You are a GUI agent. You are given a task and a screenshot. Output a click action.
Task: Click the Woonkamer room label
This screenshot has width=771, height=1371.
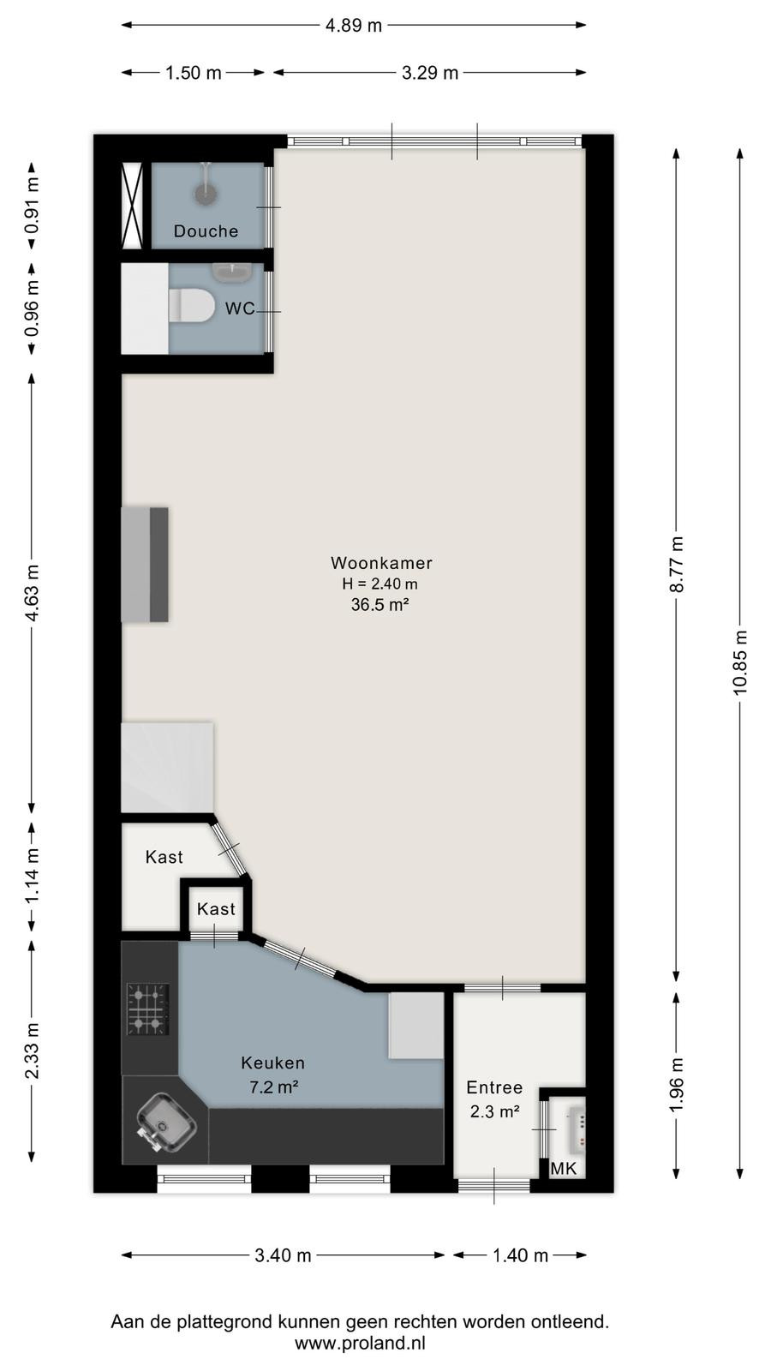(x=381, y=562)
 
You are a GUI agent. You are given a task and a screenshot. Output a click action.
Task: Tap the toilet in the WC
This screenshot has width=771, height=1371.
(x=192, y=305)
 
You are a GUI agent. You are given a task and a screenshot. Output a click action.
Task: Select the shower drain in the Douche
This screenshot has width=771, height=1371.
(x=206, y=194)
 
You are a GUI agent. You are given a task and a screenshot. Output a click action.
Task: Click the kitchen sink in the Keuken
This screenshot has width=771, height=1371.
(x=165, y=1122)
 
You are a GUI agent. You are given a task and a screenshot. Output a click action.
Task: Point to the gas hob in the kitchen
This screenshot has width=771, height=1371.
(x=147, y=1009)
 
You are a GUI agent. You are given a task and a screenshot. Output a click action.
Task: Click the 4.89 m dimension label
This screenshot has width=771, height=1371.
(x=354, y=26)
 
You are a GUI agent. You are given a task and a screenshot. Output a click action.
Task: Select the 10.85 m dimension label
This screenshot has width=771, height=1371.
(x=740, y=662)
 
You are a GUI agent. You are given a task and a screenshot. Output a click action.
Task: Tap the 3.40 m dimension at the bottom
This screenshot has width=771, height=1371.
(x=283, y=1255)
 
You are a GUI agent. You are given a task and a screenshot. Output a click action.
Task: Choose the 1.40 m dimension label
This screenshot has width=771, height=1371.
(x=520, y=1255)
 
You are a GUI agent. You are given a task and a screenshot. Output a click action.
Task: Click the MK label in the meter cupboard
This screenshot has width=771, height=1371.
(x=563, y=1169)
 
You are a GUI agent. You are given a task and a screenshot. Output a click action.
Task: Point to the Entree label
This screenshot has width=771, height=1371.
(x=494, y=1087)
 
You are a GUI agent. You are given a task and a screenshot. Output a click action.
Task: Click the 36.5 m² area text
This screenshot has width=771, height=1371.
(x=380, y=605)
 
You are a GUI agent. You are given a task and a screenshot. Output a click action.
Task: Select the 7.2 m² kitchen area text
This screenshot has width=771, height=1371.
(x=273, y=1087)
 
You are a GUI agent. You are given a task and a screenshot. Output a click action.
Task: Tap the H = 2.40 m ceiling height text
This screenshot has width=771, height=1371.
(x=380, y=584)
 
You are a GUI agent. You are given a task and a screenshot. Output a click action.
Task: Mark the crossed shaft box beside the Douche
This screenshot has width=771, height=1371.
(x=132, y=206)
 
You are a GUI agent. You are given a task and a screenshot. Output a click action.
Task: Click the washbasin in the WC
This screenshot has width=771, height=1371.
(x=231, y=272)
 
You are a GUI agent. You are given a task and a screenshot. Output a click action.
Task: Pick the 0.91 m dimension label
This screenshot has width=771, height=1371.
(x=33, y=206)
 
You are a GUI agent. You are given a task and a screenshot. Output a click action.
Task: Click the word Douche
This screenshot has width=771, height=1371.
(x=206, y=230)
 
